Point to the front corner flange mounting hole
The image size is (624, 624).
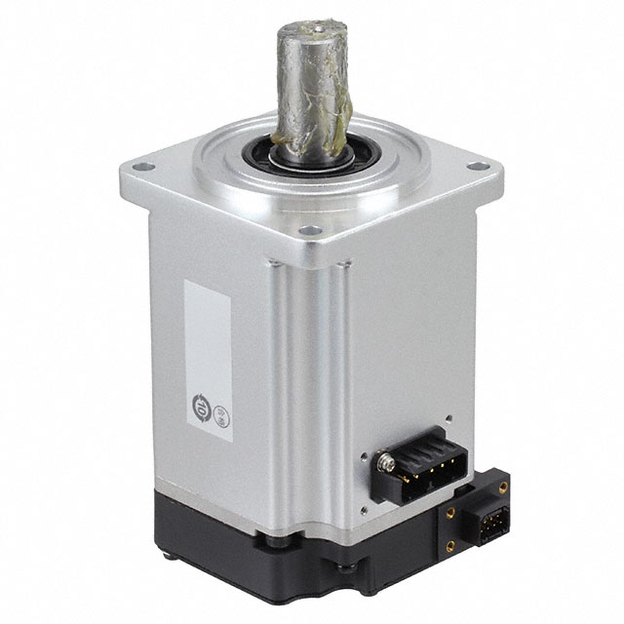pyautogui.click(x=310, y=232)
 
